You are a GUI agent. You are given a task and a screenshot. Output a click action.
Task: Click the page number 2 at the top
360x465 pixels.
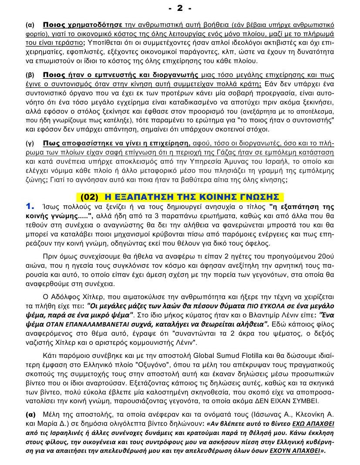click(x=180, y=8)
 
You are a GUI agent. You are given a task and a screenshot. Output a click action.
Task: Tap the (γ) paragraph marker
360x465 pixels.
click(x=30, y=143)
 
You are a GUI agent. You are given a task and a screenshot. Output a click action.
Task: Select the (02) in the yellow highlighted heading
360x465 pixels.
click(x=90, y=197)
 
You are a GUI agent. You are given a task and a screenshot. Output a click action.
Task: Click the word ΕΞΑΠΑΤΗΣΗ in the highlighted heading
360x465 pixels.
click(x=143, y=197)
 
